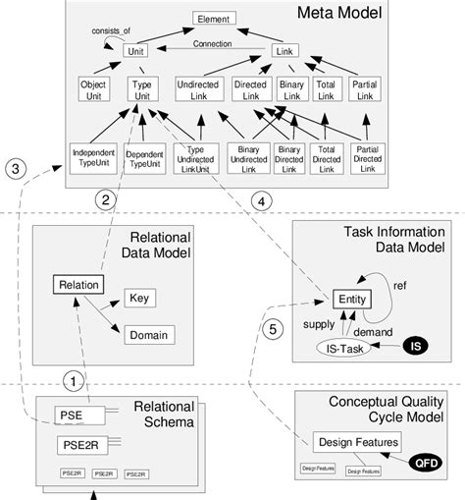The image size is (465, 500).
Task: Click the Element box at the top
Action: (x=213, y=19)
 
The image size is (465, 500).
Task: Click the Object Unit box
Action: (x=93, y=90)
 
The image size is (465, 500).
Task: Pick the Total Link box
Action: (x=326, y=90)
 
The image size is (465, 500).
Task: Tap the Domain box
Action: (x=145, y=335)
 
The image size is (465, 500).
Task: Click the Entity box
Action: (x=350, y=299)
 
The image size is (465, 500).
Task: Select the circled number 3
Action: (x=14, y=168)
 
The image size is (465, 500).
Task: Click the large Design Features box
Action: (x=346, y=440)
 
